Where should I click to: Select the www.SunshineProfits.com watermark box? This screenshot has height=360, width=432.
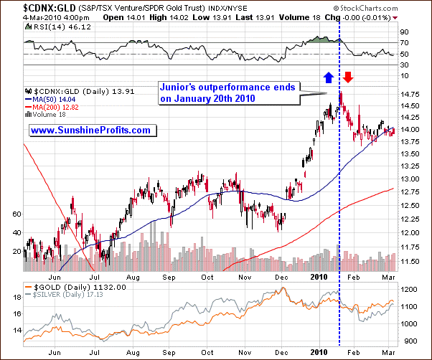(90, 131)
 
